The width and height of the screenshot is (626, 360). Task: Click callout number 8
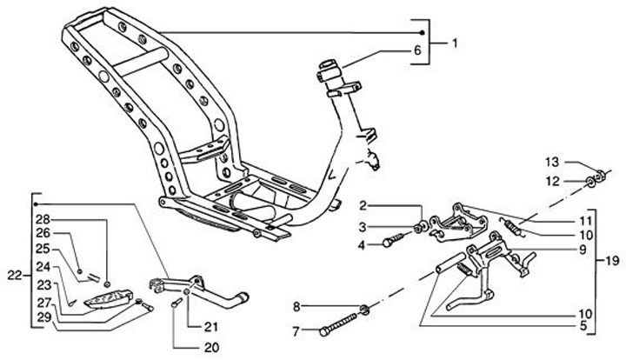[x=296, y=306]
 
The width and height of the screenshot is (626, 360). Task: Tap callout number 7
[x=296, y=330]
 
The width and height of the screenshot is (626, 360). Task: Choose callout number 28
[x=43, y=219]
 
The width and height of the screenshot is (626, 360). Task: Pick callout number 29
[x=43, y=317]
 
